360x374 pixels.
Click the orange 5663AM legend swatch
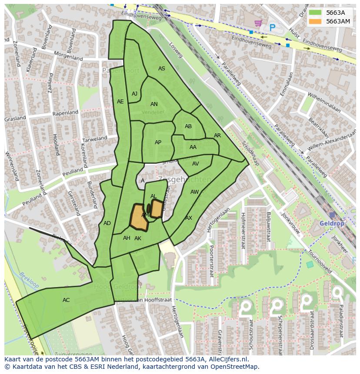(316, 21)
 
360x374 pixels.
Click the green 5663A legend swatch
(316, 13)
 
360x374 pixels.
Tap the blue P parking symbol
(272, 27)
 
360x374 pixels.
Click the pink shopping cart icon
(258, 23)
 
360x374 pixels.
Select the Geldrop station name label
(331, 223)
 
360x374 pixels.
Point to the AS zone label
(161, 69)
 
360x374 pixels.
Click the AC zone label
(66, 300)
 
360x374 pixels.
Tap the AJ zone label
(134, 94)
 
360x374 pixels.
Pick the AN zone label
(154, 104)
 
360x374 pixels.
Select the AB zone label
(188, 126)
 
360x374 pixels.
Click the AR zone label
(217, 136)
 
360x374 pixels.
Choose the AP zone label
(158, 142)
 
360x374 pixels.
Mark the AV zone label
(195, 164)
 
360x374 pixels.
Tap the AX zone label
(189, 218)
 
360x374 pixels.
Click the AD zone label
(107, 223)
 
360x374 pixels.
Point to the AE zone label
(120, 102)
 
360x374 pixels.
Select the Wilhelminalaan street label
(323, 102)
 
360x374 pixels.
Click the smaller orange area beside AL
(157, 209)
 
